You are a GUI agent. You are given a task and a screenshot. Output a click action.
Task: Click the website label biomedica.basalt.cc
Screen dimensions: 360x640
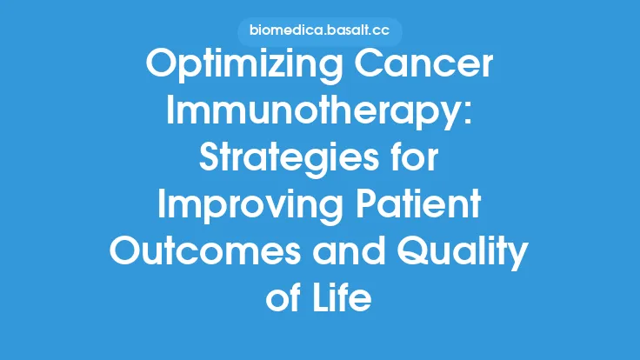(x=319, y=32)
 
